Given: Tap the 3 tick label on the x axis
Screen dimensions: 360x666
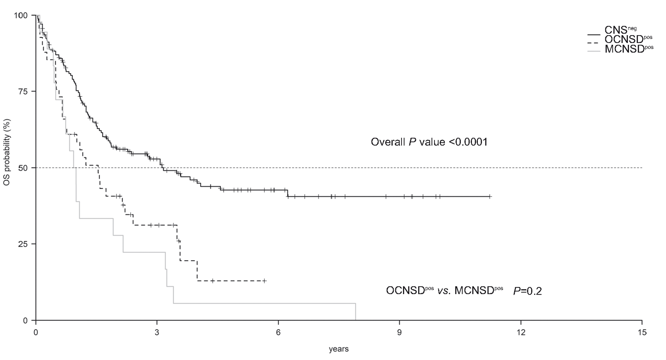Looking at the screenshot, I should [157, 332].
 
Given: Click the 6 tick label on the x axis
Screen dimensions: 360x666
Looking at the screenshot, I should [278, 332].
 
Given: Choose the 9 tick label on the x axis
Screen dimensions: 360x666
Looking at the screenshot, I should [400, 332].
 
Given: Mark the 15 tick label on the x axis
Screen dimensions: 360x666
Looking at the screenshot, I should [642, 332].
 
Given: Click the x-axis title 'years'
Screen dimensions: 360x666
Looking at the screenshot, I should [339, 349].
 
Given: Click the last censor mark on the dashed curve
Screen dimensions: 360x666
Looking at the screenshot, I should [264, 281].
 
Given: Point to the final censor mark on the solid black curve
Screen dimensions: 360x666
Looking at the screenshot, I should [490, 196].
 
